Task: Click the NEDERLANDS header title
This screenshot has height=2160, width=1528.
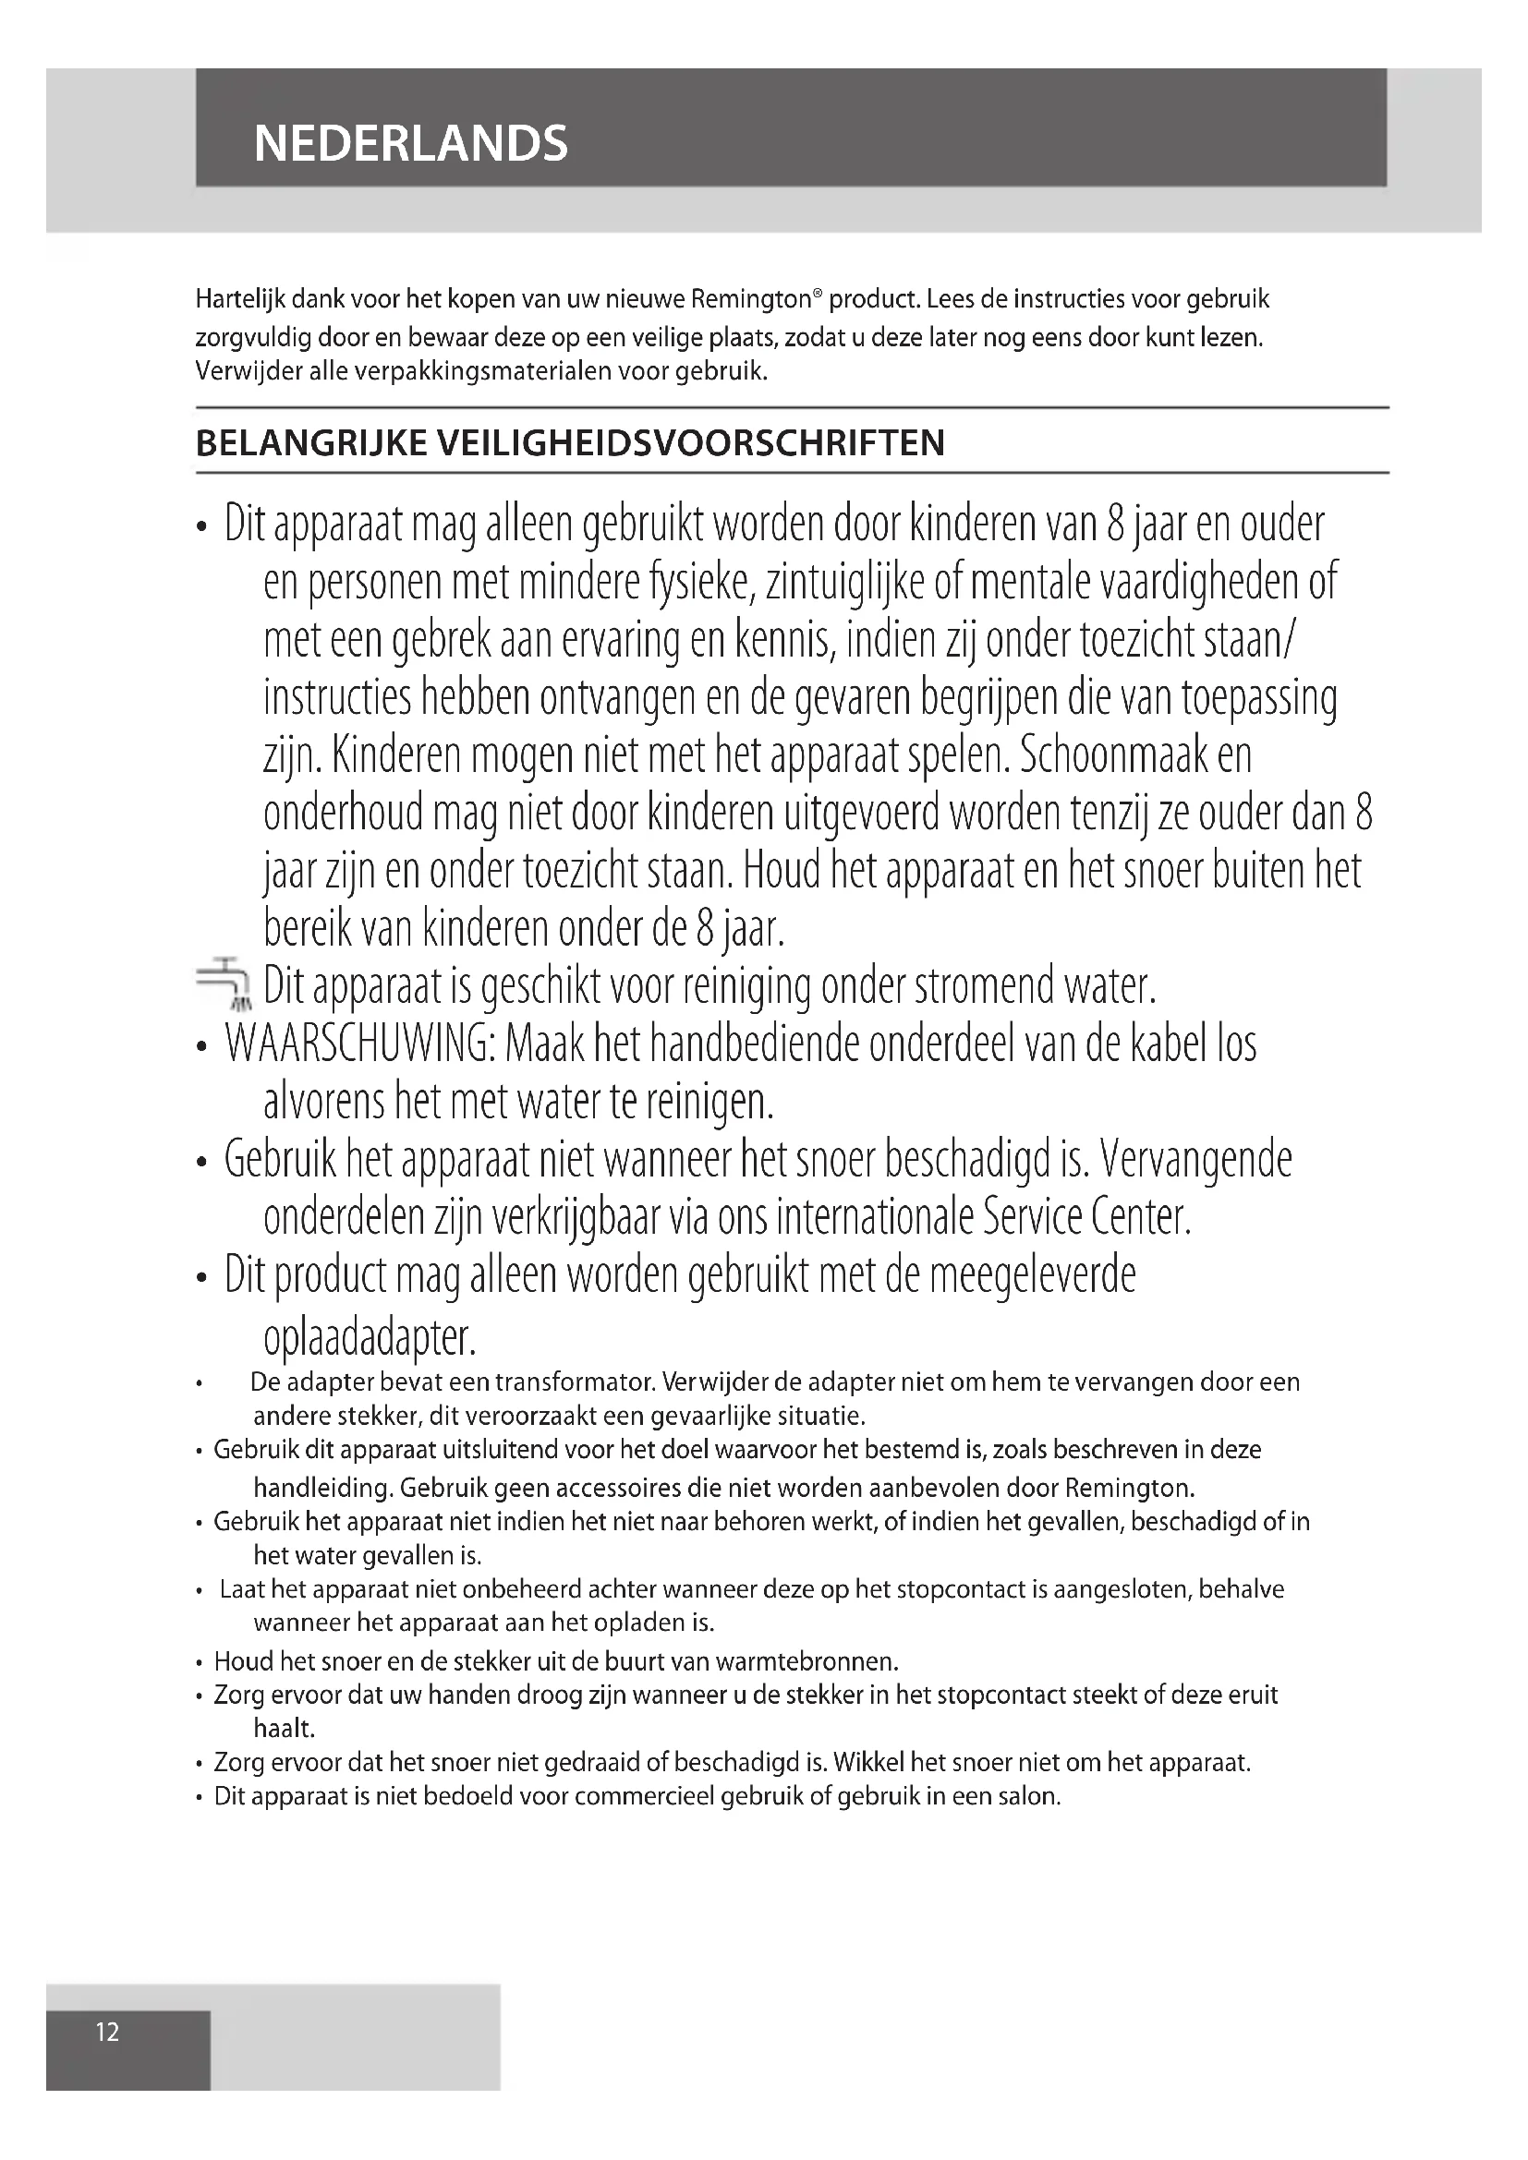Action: (410, 144)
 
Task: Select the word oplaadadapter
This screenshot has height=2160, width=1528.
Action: (370, 1337)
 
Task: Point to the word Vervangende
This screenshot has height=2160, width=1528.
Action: (1195, 1160)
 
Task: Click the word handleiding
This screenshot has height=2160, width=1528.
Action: (321, 1489)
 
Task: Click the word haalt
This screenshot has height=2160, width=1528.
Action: (285, 1728)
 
